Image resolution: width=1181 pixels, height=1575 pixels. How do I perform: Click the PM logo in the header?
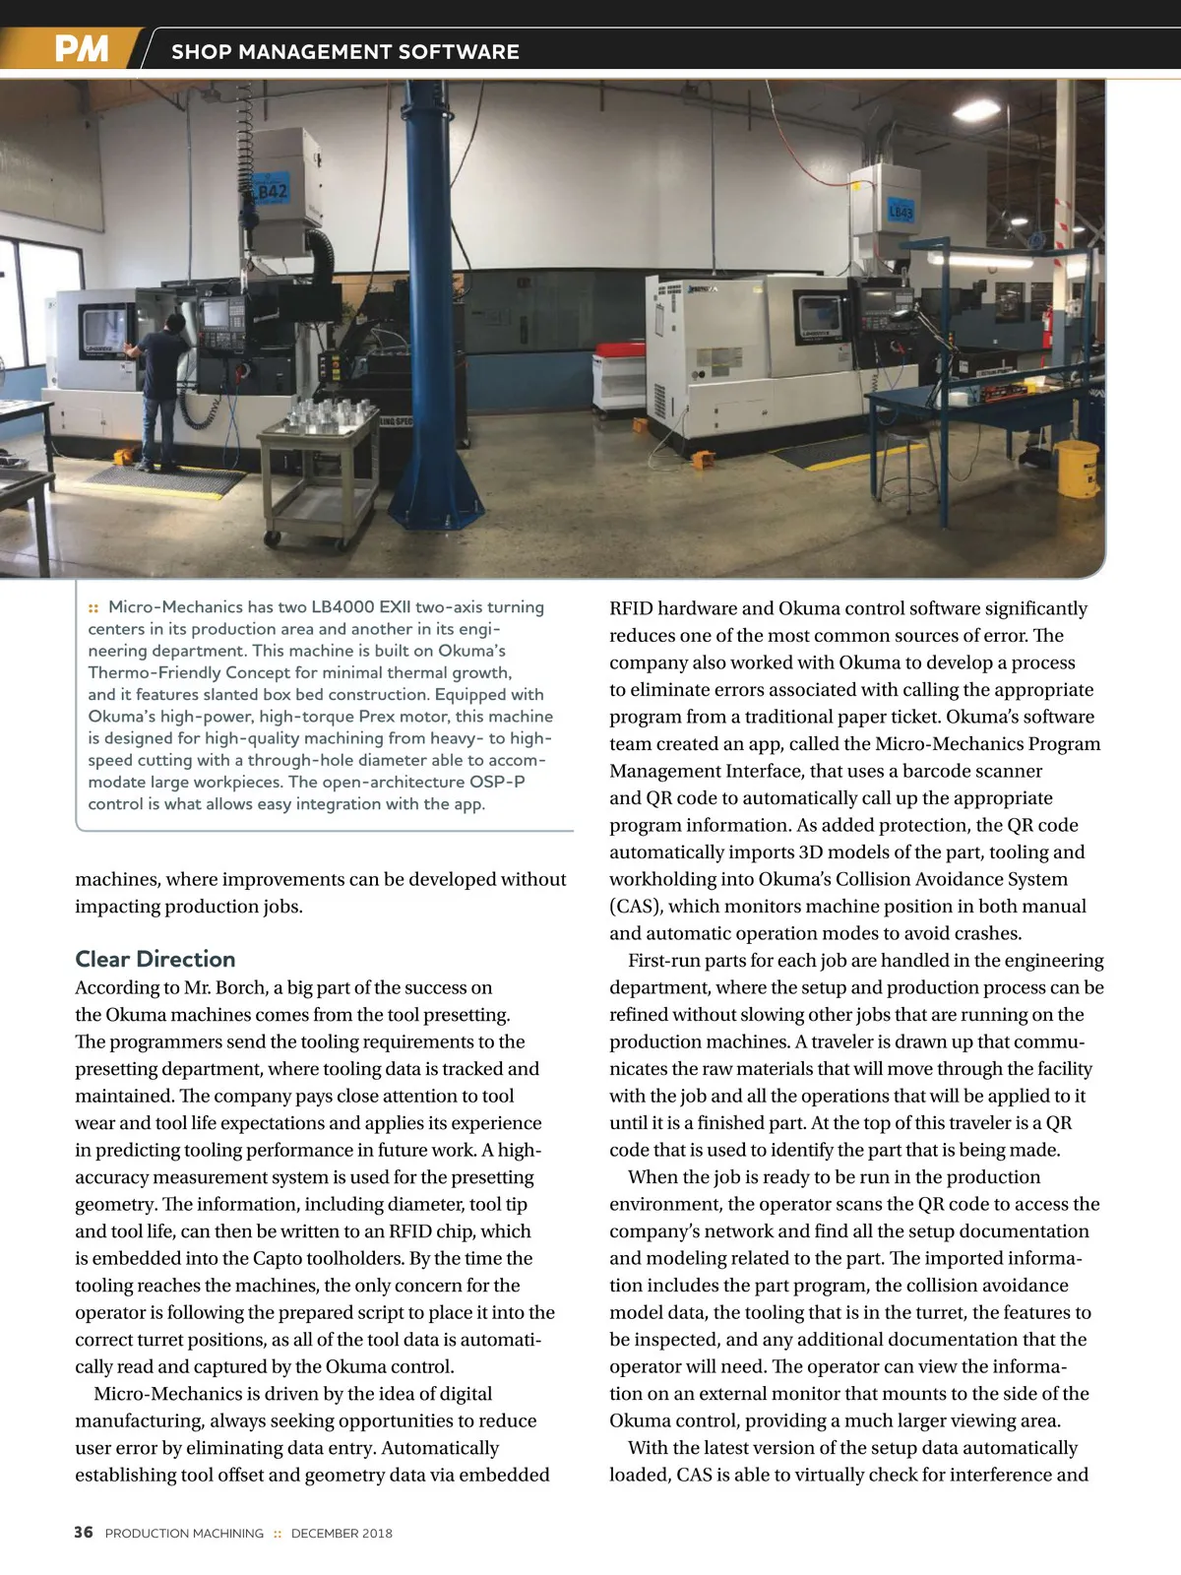[x=81, y=49]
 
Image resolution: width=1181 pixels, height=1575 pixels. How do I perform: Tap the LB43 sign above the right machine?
[x=901, y=211]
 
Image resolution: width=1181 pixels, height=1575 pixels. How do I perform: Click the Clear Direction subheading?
[x=155, y=959]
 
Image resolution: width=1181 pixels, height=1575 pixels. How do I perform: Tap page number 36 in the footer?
[x=84, y=1533]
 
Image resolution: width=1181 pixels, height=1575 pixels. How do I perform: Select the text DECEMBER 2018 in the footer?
[x=342, y=1534]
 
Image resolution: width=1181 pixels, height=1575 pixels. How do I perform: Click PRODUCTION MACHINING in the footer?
[x=184, y=1534]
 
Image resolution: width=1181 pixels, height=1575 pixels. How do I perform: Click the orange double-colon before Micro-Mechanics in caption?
[x=93, y=608]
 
